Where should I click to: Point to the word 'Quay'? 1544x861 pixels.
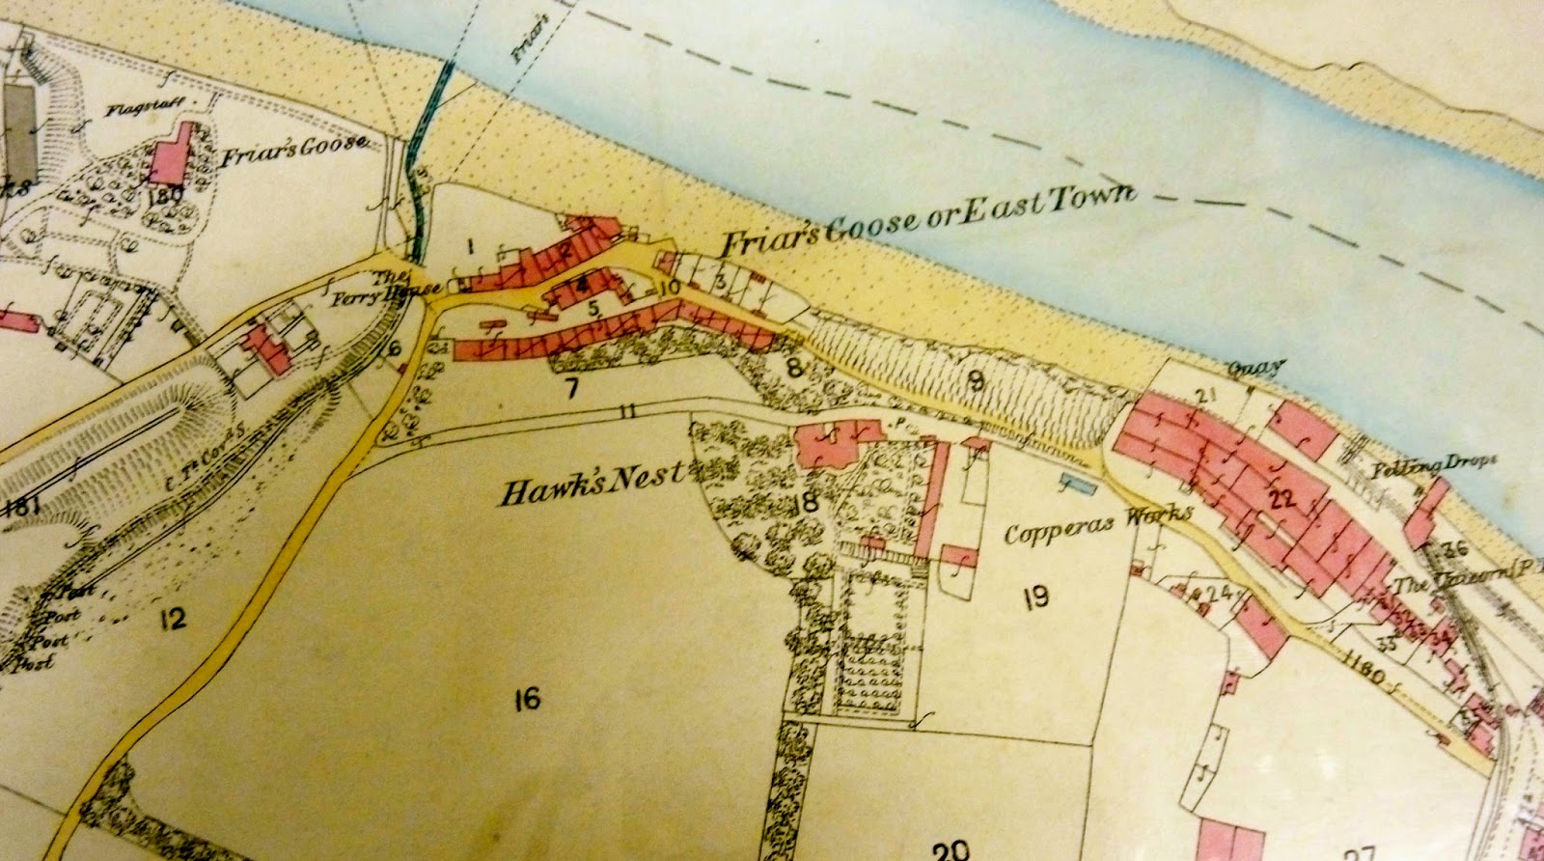point(1254,368)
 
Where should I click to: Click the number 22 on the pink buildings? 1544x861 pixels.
point(1282,499)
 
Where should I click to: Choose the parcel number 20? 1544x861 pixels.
point(951,849)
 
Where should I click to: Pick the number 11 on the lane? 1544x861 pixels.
point(628,413)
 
